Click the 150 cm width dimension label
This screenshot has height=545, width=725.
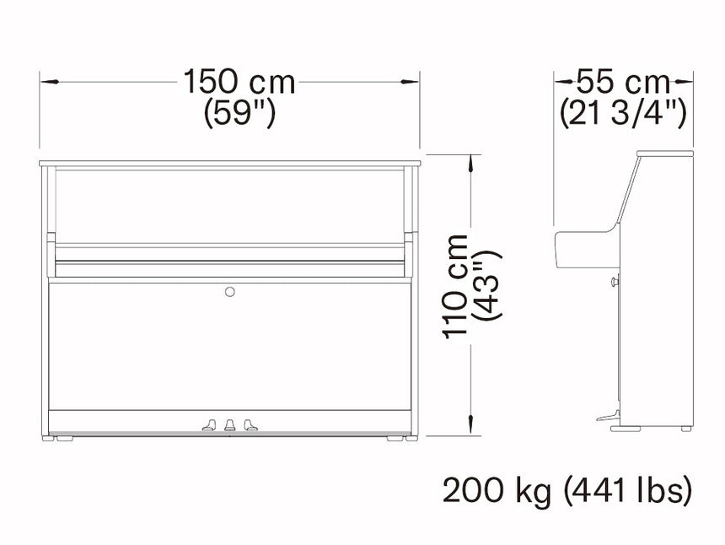239,82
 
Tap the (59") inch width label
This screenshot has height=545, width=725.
239,113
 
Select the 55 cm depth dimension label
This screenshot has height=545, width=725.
623,82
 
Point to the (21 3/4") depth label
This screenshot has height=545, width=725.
623,113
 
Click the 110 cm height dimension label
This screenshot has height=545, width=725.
455,287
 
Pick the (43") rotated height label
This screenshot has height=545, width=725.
486,285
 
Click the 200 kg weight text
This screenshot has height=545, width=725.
497,492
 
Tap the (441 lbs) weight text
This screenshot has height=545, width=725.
628,492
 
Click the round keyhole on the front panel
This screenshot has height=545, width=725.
230,291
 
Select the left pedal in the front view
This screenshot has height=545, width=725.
209,425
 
